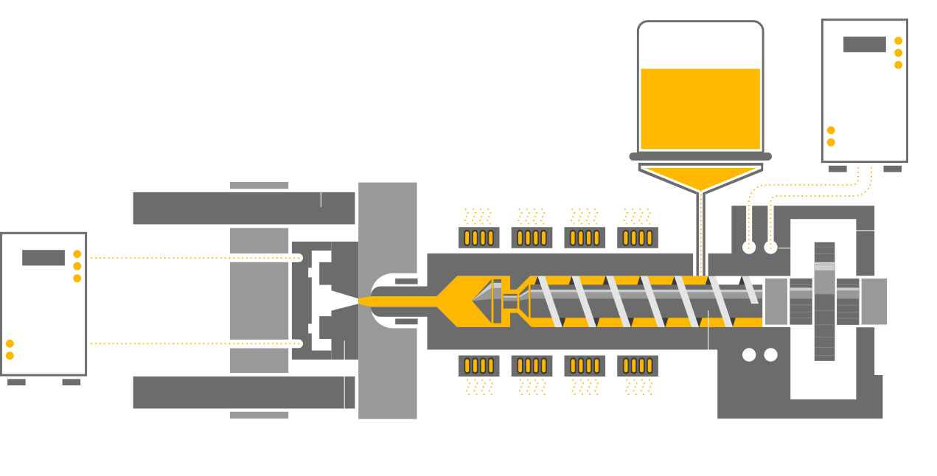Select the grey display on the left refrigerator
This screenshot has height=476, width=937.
click(x=43, y=258)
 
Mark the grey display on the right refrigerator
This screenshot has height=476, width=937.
click(x=864, y=44)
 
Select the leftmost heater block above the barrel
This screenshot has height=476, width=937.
click(x=478, y=237)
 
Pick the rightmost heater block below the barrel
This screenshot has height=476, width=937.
click(x=638, y=365)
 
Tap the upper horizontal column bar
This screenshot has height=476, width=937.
click(x=244, y=208)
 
